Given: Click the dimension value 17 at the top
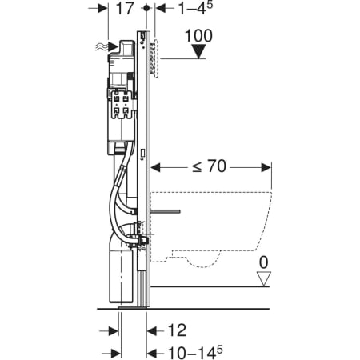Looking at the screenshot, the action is (x=125, y=8).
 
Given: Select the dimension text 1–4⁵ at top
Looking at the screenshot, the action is (x=195, y=8).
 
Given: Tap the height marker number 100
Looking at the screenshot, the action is (x=198, y=36).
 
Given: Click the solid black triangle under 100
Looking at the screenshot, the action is (x=198, y=51).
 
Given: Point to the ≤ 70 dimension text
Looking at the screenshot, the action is (x=210, y=166).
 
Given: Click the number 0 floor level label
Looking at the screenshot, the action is (x=263, y=262).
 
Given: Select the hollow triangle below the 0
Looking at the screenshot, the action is (x=264, y=278).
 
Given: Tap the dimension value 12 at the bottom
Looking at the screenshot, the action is (x=177, y=330).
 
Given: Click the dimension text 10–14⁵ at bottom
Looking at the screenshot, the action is (x=195, y=353).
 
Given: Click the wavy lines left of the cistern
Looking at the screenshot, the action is (x=102, y=47).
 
